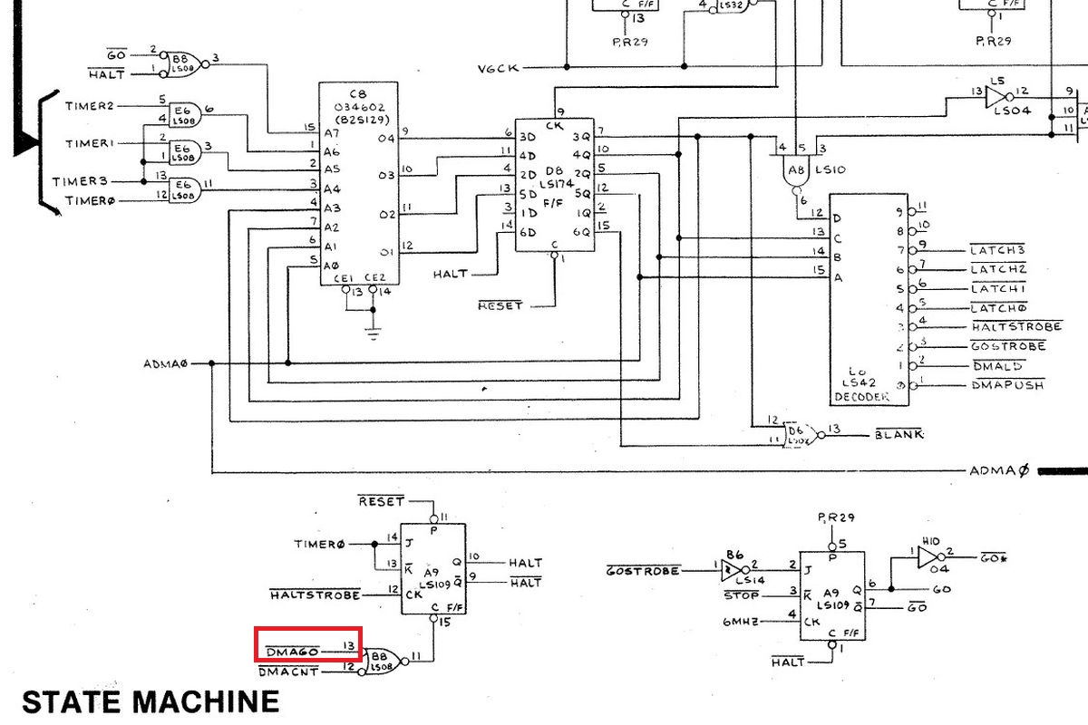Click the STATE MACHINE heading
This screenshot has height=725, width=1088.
pos(151,701)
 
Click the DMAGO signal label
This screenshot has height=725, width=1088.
pos(292,650)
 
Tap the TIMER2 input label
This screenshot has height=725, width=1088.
pos(90,106)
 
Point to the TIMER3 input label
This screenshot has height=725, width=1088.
pos(80,181)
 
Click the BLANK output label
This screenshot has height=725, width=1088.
pos(899,434)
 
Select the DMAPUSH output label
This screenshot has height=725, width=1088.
pos(1007,384)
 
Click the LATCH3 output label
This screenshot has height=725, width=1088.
pos(997,249)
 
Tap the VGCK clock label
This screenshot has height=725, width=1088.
pos(499,69)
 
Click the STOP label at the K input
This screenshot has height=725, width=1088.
pos(742,595)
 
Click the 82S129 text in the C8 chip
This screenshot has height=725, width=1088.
pos(357,119)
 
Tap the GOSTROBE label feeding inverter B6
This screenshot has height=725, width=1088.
pos(643,571)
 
